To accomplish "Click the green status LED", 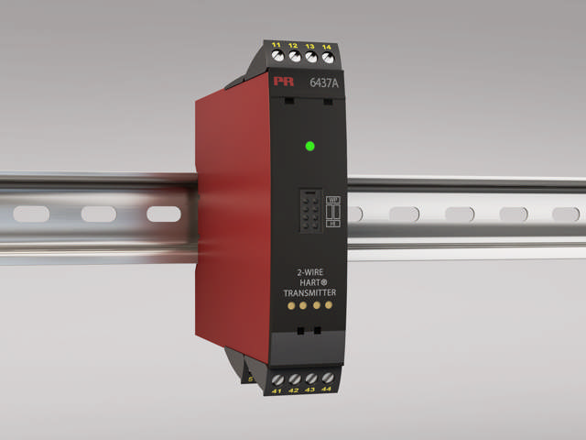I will pyautogui.click(x=309, y=146).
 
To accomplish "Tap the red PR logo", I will pyautogui.click(x=281, y=82).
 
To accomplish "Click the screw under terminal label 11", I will pyautogui.click(x=278, y=57).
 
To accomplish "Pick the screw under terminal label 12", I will pyautogui.click(x=295, y=57).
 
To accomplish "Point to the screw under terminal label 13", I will pyautogui.click(x=311, y=57).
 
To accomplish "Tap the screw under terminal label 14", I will pyautogui.click(x=327, y=57).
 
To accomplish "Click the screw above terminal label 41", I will pyautogui.click(x=277, y=377).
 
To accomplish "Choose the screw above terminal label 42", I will pyautogui.click(x=294, y=377).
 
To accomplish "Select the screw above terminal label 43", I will pyautogui.click(x=310, y=377).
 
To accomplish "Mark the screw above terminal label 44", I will pyautogui.click(x=327, y=377).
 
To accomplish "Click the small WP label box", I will pyautogui.click(x=333, y=197).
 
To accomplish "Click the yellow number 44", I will pyautogui.click(x=327, y=390).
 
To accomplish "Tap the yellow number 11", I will pyautogui.click(x=277, y=44).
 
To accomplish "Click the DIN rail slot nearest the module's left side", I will pyautogui.click(x=163, y=214).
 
